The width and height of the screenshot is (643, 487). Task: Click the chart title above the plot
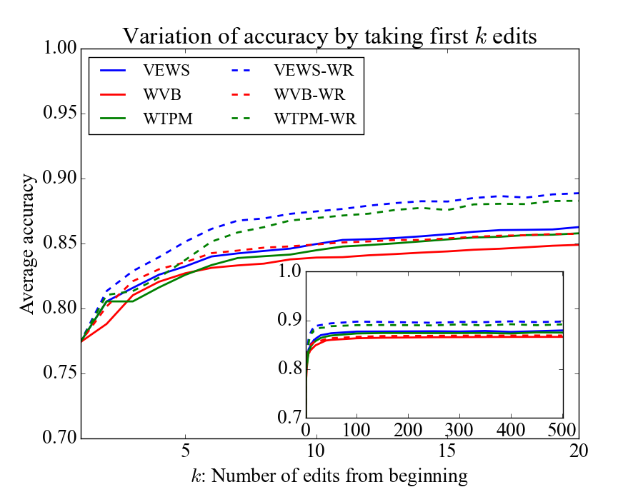(328, 35)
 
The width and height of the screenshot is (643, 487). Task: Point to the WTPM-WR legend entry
(319, 118)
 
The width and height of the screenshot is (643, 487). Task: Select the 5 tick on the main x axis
(186, 452)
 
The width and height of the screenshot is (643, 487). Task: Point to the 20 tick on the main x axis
(577, 452)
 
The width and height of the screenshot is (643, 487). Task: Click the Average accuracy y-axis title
(27, 243)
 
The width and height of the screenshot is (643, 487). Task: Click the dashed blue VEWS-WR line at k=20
(577, 194)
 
